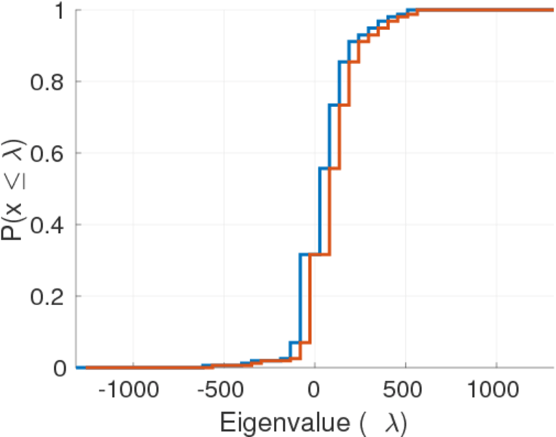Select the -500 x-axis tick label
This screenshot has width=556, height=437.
tap(219, 389)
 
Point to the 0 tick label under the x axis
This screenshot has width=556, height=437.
tap(314, 389)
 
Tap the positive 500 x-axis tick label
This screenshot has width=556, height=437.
tap(405, 389)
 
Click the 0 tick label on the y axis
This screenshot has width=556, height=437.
tap(60, 368)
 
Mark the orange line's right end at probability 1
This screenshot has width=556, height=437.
tap(552, 10)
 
